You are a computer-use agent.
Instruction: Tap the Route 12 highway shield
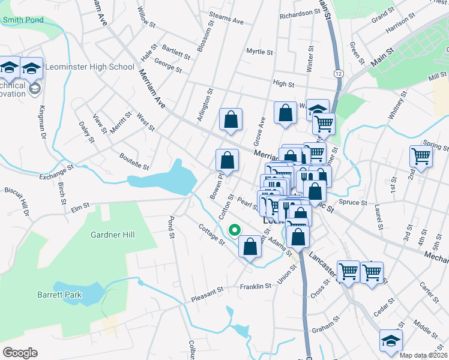coord(339,73)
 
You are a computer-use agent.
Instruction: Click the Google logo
coord(20,352)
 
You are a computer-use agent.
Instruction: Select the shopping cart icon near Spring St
coord(421,156)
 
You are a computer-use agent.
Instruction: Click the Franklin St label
coord(256,286)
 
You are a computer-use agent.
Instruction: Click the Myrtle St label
coord(259,52)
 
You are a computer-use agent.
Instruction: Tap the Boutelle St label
coord(134,161)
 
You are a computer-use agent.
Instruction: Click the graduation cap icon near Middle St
coord(391,341)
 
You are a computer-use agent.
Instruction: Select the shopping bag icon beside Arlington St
coord(231,119)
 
